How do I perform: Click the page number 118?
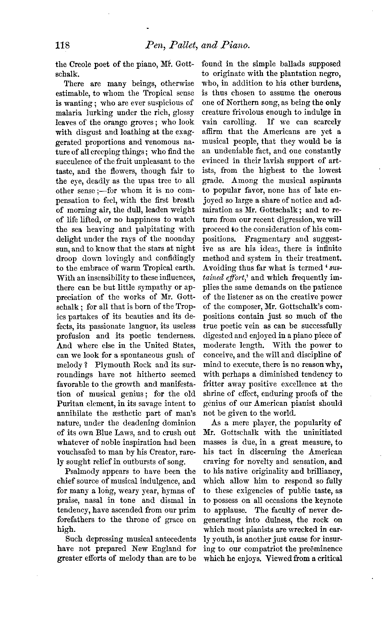[63, 46]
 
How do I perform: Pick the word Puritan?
[69, 403]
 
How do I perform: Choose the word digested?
[219, 335]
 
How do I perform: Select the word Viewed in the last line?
[279, 558]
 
